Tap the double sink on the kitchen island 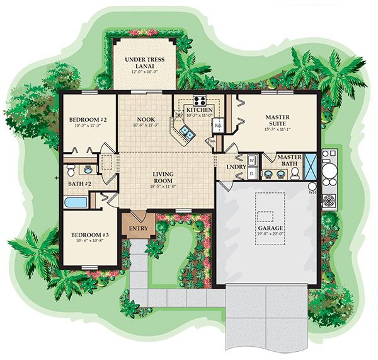[x=186, y=132]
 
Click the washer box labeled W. [x=251, y=160]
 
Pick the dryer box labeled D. [x=251, y=171]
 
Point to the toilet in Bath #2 [x=71, y=170]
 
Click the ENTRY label [x=138, y=228]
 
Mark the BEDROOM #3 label [x=89, y=235]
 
